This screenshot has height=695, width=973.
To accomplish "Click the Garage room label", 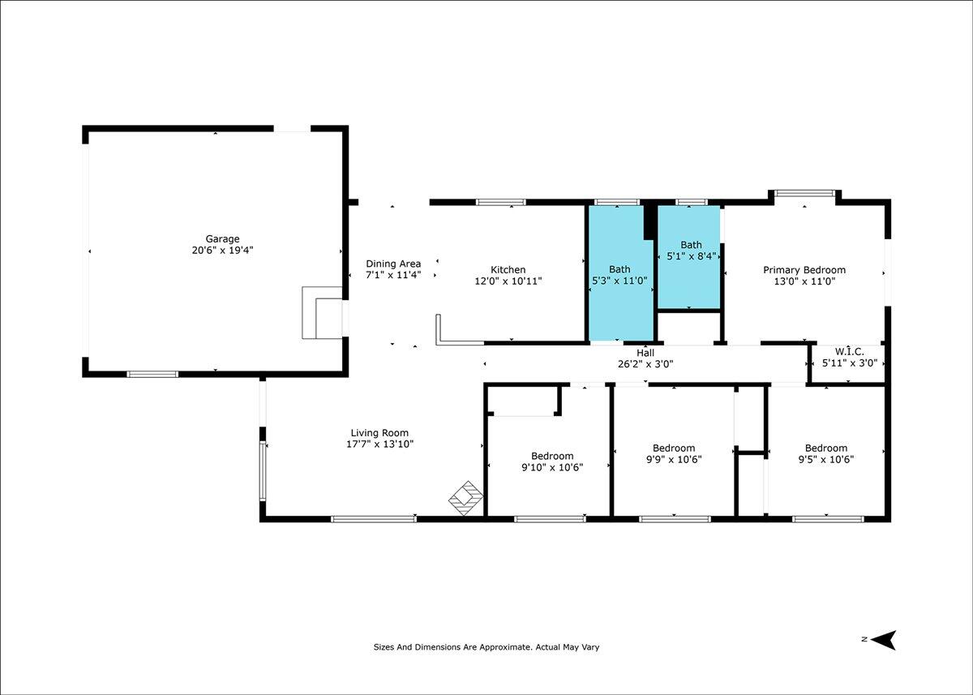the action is click(222, 239).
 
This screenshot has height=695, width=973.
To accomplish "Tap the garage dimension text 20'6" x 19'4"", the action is click(222, 251).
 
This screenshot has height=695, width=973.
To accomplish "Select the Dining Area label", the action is click(393, 264).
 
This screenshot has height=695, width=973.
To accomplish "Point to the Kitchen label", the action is click(508, 270).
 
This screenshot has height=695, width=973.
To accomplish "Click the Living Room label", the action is click(379, 433).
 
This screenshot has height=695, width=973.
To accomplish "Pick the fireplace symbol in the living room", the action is click(465, 498).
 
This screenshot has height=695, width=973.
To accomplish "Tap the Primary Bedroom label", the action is click(804, 270).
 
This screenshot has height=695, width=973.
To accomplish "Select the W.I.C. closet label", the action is click(850, 351).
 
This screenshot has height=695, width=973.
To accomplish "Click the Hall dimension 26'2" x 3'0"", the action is click(645, 364).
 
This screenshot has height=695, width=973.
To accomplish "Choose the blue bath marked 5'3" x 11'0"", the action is click(621, 273).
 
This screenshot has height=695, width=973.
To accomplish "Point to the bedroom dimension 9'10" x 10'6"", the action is click(552, 467).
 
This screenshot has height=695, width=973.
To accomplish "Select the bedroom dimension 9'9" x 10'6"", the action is click(674, 460).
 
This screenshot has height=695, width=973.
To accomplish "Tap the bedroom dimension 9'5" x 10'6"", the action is click(825, 460).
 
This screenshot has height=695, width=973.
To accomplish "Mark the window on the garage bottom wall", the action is click(152, 374).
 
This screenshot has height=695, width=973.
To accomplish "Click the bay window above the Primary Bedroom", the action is click(805, 193).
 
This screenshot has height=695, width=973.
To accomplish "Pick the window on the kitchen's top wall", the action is click(501, 202).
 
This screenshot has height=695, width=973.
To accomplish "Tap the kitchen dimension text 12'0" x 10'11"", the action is click(508, 281).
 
